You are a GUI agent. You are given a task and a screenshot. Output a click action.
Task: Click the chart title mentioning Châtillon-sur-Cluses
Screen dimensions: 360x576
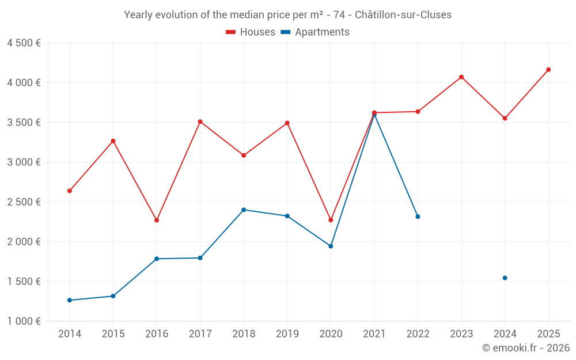(x=287, y=14)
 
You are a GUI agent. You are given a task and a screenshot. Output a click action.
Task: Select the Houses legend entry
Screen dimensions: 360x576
(x=251, y=32)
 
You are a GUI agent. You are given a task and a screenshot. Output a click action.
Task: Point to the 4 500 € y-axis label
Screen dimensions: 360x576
(x=24, y=43)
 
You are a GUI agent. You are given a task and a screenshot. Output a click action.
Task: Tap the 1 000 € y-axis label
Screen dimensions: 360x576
(x=24, y=321)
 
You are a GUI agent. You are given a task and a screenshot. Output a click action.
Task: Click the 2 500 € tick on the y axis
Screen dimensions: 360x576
(x=24, y=202)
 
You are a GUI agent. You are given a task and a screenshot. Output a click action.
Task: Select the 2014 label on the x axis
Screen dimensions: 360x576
(x=70, y=334)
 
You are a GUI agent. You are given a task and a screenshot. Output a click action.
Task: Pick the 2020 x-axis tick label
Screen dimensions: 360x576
(x=331, y=334)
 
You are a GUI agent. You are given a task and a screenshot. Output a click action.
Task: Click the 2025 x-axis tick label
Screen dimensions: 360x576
(x=548, y=334)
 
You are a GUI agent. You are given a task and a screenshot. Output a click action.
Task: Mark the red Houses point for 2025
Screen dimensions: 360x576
(x=548, y=70)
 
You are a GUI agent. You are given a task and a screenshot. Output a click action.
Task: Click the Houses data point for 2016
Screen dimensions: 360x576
(x=157, y=220)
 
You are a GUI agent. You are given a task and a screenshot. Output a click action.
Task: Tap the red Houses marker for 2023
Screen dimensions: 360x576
(x=461, y=77)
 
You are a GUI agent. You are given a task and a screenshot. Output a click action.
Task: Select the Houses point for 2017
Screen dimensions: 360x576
(x=200, y=122)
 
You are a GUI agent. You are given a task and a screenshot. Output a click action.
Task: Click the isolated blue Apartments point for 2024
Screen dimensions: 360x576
(x=505, y=278)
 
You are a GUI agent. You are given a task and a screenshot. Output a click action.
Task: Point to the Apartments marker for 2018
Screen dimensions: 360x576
(x=244, y=210)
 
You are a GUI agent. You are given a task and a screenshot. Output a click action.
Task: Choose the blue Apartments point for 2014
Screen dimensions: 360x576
(x=70, y=300)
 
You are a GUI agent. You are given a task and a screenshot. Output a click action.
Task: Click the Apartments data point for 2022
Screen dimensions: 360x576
(x=418, y=217)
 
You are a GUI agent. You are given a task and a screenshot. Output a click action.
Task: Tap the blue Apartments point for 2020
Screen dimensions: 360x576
(x=331, y=246)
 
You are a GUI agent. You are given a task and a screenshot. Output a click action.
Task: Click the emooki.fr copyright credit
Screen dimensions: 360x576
(x=525, y=348)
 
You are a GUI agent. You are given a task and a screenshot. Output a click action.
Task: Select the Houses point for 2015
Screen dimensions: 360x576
(x=113, y=141)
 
